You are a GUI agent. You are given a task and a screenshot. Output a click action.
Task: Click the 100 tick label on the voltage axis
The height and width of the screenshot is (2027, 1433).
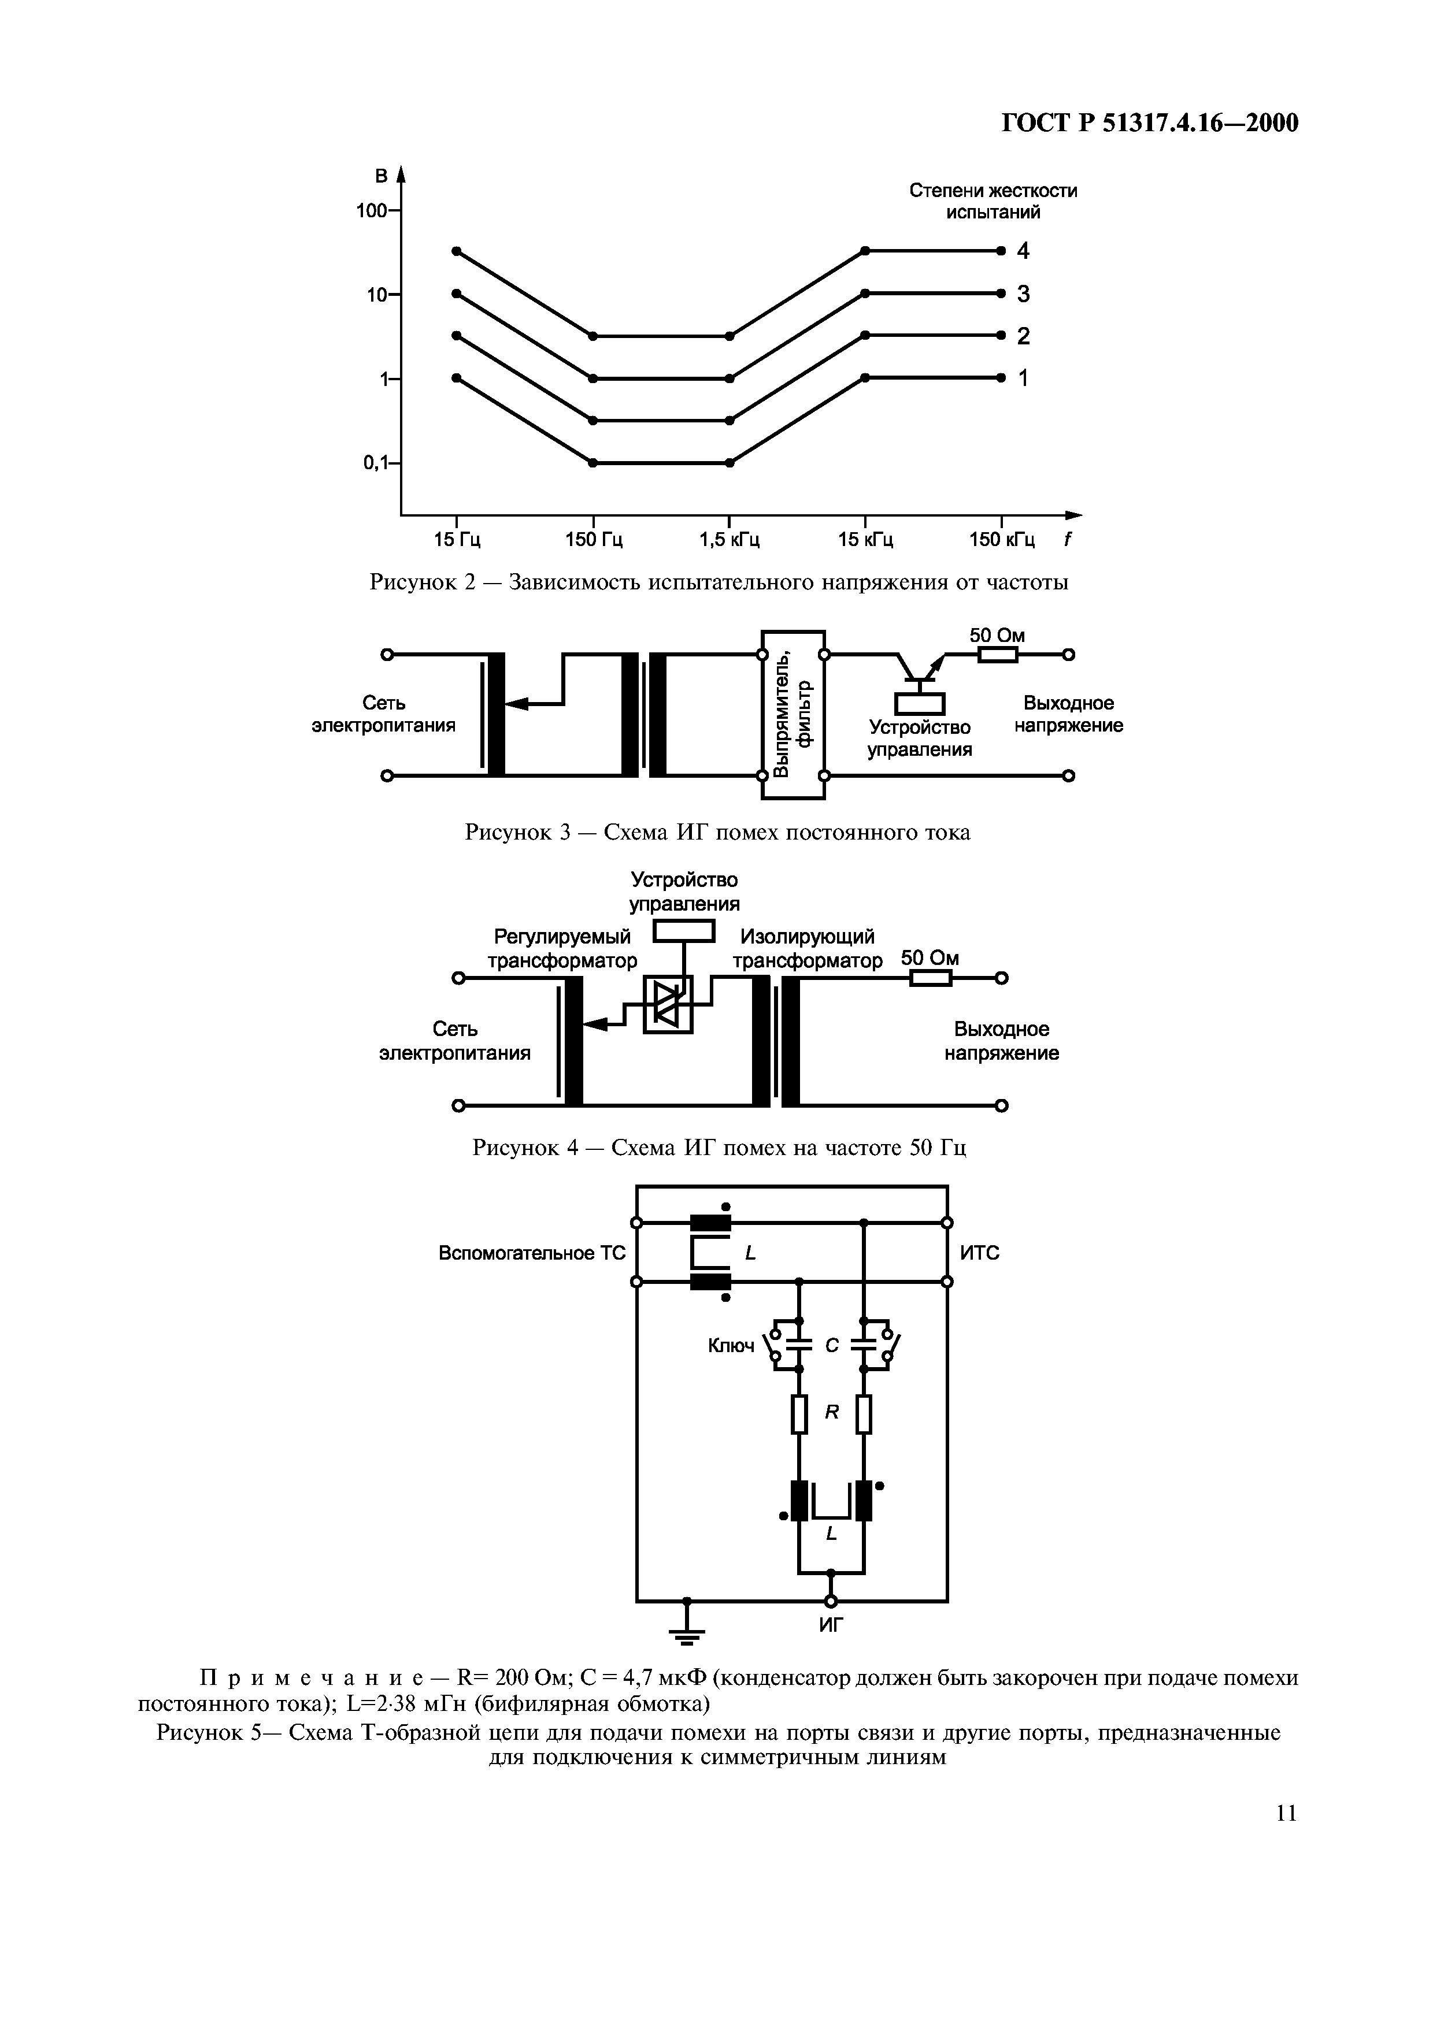pyautogui.click(x=371, y=211)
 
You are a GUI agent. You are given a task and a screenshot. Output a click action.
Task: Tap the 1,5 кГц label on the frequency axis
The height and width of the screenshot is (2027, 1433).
pyautogui.click(x=730, y=540)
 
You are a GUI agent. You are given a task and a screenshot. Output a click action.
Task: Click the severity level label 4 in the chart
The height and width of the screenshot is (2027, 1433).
pyautogui.click(x=1023, y=251)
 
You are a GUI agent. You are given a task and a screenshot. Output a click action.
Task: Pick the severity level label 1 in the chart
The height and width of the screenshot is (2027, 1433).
pyautogui.click(x=1023, y=378)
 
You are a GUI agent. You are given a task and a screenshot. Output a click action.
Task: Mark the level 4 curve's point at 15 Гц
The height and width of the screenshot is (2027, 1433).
pyautogui.click(x=457, y=251)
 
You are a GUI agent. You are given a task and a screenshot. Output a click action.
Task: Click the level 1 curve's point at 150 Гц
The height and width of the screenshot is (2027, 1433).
pyautogui.click(x=593, y=463)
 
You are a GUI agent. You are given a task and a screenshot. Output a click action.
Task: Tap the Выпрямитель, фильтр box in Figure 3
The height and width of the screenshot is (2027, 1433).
pyautogui.click(x=793, y=715)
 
